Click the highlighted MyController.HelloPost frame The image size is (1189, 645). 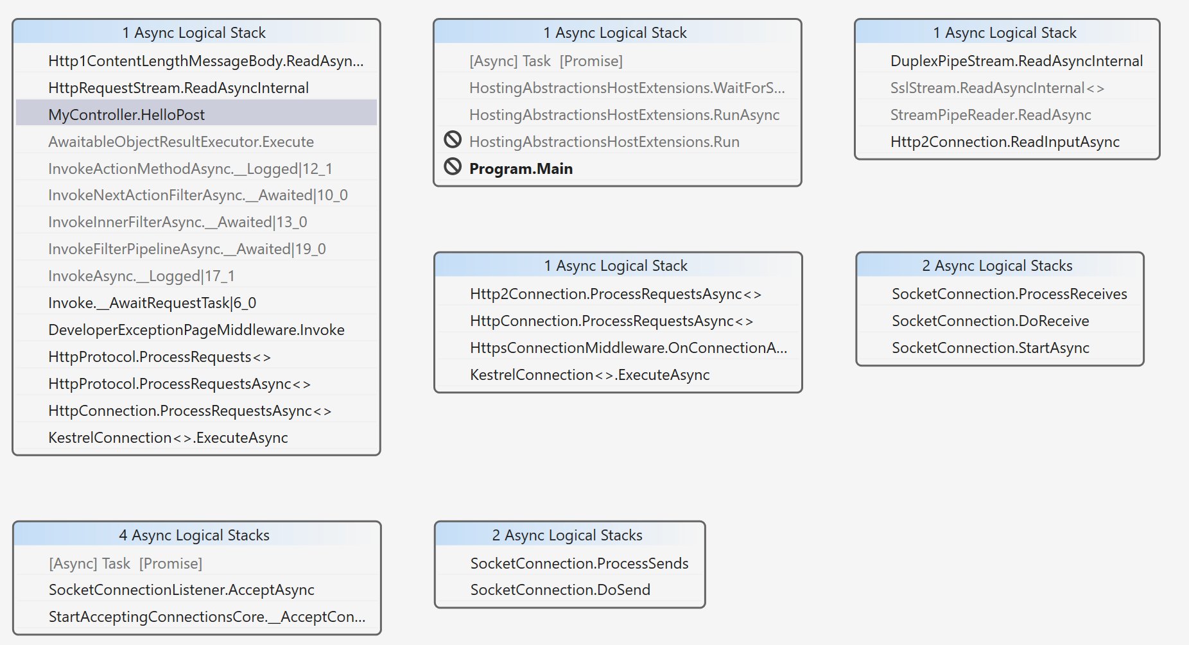[126, 115]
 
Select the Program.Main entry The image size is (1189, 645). [521, 169]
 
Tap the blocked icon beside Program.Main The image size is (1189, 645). [453, 167]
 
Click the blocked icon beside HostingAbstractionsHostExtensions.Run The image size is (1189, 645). [453, 139]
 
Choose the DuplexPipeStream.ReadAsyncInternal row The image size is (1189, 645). [1016, 61]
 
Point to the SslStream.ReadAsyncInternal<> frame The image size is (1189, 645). [997, 88]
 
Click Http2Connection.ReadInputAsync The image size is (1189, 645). [1005, 142]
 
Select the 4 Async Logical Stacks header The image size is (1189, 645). [194, 535]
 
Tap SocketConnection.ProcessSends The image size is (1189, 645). [579, 563]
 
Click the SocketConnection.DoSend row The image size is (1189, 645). [560, 590]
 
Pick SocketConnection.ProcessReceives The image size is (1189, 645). [1009, 294]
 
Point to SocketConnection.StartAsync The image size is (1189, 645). [990, 348]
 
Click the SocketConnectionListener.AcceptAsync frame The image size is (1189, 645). [181, 590]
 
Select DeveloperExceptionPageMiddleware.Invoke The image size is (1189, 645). [196, 330]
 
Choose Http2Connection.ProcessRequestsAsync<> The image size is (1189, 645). [616, 294]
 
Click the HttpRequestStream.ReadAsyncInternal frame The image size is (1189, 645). [178, 88]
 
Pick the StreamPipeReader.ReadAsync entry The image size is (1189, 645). [991, 115]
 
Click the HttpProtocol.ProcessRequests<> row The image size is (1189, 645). [160, 357]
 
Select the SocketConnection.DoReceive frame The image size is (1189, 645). [990, 321]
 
